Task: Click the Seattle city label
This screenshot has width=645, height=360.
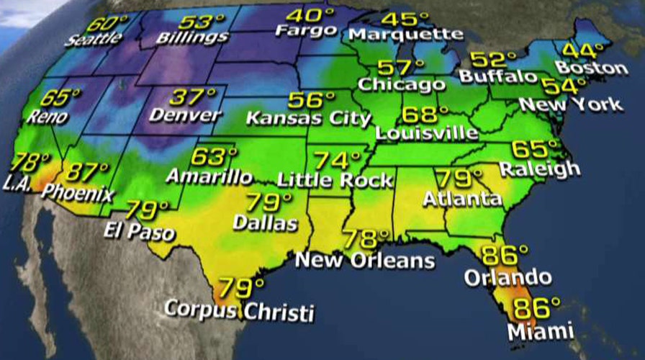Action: [x=94, y=38]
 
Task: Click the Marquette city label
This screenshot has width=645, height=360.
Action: [x=405, y=34]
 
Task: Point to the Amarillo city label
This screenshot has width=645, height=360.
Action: [x=209, y=176]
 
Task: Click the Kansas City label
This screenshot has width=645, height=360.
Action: [x=308, y=118]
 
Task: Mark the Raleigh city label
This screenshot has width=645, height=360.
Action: [x=539, y=169]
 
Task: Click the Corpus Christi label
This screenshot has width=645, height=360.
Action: [x=239, y=311]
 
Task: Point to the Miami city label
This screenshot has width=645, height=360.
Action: [x=540, y=332]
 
